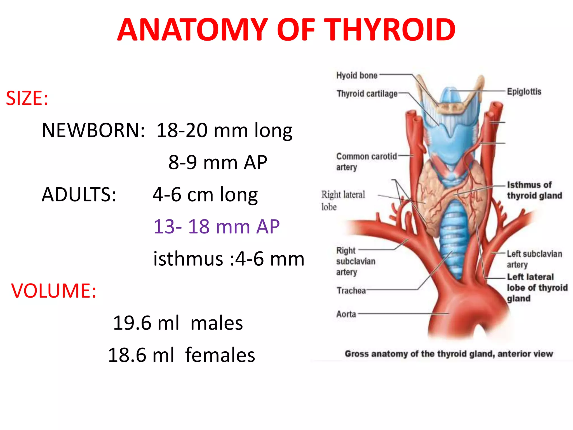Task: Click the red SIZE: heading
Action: [27, 99]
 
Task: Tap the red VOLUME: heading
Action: [53, 291]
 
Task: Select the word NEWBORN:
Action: [93, 130]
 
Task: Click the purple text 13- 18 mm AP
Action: [216, 226]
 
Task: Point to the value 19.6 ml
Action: [146, 323]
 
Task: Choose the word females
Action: [220, 355]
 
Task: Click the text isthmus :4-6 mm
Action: [228, 259]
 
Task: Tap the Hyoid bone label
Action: [357, 76]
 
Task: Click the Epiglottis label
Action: [524, 92]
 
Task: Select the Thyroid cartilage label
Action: [367, 94]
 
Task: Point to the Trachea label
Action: [351, 291]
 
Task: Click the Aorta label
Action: [346, 314]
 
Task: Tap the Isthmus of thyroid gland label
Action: [534, 190]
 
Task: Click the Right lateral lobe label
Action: [343, 200]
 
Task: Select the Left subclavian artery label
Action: [534, 259]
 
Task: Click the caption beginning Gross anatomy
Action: [448, 354]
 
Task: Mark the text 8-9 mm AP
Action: [217, 163]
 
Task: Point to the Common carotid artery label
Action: [366, 162]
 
